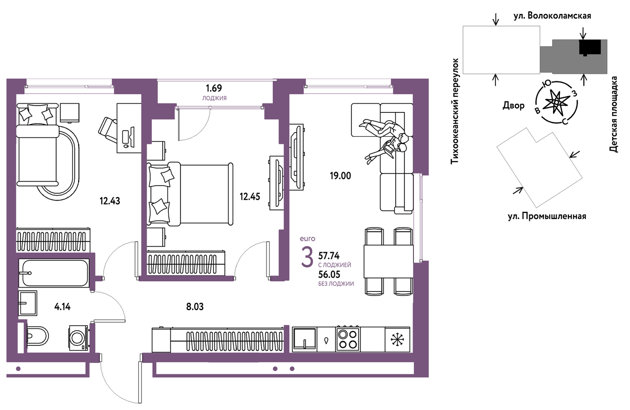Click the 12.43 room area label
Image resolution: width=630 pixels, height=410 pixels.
click(x=110, y=201)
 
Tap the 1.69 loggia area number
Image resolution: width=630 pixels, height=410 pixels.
click(x=214, y=88)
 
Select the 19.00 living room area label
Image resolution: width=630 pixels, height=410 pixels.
click(x=340, y=176)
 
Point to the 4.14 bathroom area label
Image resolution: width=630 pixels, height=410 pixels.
click(x=63, y=306)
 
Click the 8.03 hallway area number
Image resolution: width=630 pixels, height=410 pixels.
click(x=195, y=306)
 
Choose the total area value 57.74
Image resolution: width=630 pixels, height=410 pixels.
click(x=329, y=256)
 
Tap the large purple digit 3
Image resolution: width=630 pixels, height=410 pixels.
click(x=307, y=257)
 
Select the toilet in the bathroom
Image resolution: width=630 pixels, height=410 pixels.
click(x=38, y=336)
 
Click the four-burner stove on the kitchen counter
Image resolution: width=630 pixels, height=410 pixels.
click(x=348, y=339)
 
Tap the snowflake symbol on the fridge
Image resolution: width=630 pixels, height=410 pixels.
click(x=397, y=340)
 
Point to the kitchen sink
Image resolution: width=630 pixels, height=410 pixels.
click(x=304, y=339)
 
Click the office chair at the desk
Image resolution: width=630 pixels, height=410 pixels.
click(x=108, y=130)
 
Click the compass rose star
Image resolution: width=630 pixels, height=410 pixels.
click(x=555, y=103)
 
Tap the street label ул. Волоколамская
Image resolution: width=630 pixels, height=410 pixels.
click(x=552, y=16)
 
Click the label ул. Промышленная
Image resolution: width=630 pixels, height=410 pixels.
click(x=547, y=216)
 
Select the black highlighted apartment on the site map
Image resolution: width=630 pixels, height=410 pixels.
click(x=589, y=47)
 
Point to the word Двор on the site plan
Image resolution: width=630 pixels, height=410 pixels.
click(x=513, y=105)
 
